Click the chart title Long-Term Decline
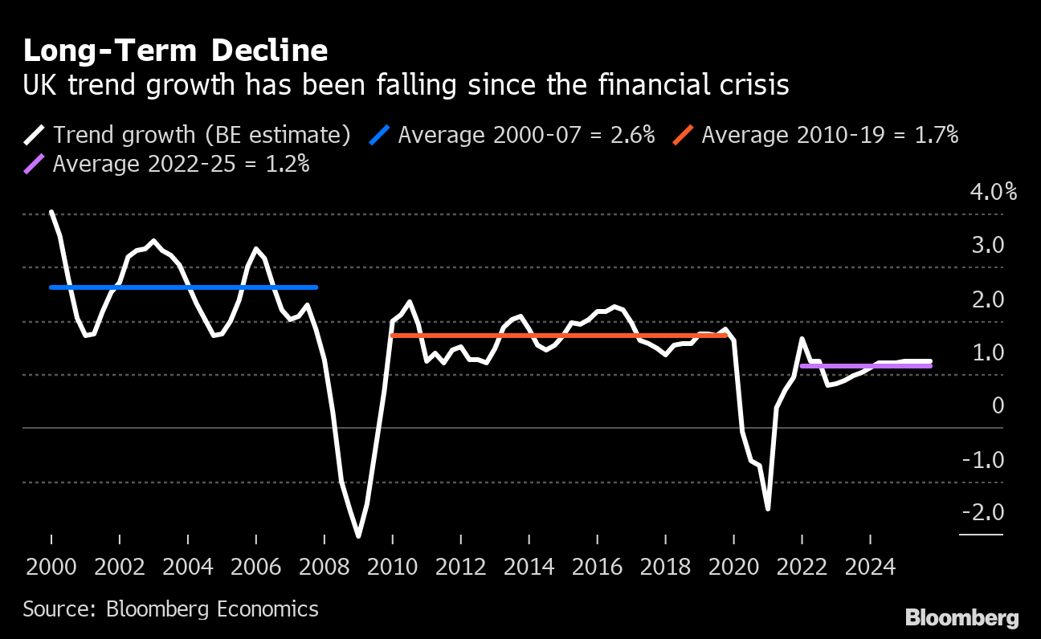click(x=175, y=51)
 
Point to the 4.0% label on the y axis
click(x=993, y=193)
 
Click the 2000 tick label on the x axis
click(x=51, y=568)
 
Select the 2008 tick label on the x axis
click(x=325, y=568)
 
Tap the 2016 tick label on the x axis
click(x=598, y=568)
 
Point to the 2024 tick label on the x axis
click(x=871, y=568)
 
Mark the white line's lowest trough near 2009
click(x=358, y=535)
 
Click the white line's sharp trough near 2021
click(x=768, y=508)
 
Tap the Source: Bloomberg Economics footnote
click(x=170, y=609)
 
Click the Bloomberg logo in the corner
click(x=961, y=618)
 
